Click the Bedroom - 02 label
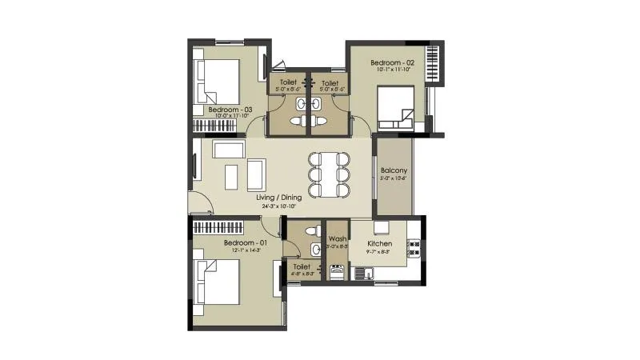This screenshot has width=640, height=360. tap(392, 62)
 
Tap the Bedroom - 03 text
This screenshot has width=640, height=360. tap(230, 109)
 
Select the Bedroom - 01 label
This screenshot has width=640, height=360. tap(244, 242)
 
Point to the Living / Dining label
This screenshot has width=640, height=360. tap(279, 197)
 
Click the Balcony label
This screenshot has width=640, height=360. tap(394, 170)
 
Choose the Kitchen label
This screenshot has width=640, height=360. tap(379, 243)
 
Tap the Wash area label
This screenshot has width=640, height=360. tap(337, 238)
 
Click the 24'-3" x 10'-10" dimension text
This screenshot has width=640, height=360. tap(279, 206)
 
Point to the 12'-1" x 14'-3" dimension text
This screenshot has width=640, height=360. tap(244, 250)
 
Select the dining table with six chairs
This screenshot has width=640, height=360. tap(329, 174)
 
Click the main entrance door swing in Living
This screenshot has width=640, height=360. tap(200, 204)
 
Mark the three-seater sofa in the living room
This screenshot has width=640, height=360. tap(229, 150)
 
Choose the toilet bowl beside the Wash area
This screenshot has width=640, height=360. tap(314, 231)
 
